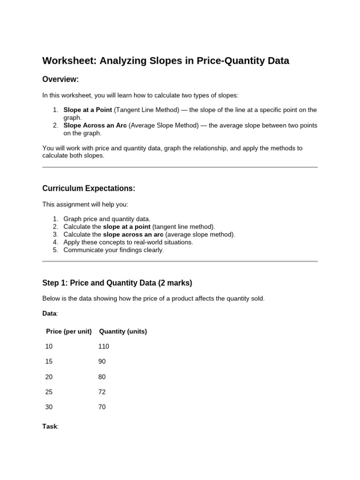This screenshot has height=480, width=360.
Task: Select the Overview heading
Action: [60, 80]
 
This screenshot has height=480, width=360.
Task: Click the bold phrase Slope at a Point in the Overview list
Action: [88, 110]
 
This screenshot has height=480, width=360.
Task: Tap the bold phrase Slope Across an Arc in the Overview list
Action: [95, 125]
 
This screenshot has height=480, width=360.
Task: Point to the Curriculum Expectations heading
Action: [89, 188]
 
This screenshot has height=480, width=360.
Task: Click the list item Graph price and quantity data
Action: [107, 219]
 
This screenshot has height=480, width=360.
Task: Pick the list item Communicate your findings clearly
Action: [113, 250]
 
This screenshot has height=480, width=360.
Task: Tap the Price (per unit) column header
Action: [68, 331]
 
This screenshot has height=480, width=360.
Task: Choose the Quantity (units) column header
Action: [123, 331]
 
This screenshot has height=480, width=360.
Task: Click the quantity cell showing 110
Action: [104, 346]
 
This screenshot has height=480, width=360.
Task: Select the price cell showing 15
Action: [49, 361]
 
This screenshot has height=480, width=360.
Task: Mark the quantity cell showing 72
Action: [102, 392]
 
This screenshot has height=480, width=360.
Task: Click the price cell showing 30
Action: [49, 407]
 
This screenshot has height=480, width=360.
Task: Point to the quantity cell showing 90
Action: [102, 361]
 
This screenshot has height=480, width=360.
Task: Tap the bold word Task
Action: [50, 427]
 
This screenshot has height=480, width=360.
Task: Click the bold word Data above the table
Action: [49, 313]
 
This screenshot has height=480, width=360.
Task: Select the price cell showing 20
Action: [49, 377]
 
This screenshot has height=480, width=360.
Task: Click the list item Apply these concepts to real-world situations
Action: [128, 242]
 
